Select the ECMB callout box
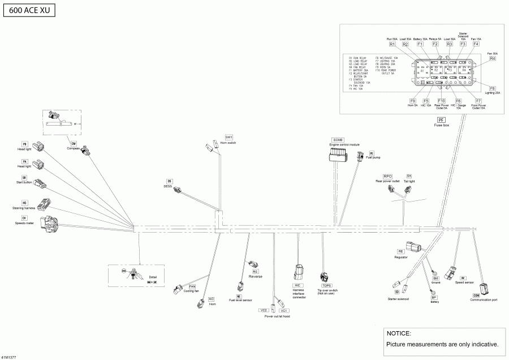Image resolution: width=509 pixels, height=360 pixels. click(338, 139)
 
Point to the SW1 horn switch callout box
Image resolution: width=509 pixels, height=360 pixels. click(228, 138)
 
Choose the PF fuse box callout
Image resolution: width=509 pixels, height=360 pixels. click(441, 120)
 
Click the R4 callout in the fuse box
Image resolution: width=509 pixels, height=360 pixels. click(492, 58)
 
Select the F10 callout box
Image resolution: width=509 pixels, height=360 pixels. click(441, 101)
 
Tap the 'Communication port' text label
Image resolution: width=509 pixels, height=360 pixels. click(484, 301)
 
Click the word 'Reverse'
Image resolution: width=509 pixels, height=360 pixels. click(256, 277)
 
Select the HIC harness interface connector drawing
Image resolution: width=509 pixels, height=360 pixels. click(299, 272)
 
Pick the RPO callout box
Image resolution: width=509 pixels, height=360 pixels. click(387, 176)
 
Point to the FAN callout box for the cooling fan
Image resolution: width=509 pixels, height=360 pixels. click(192, 286)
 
